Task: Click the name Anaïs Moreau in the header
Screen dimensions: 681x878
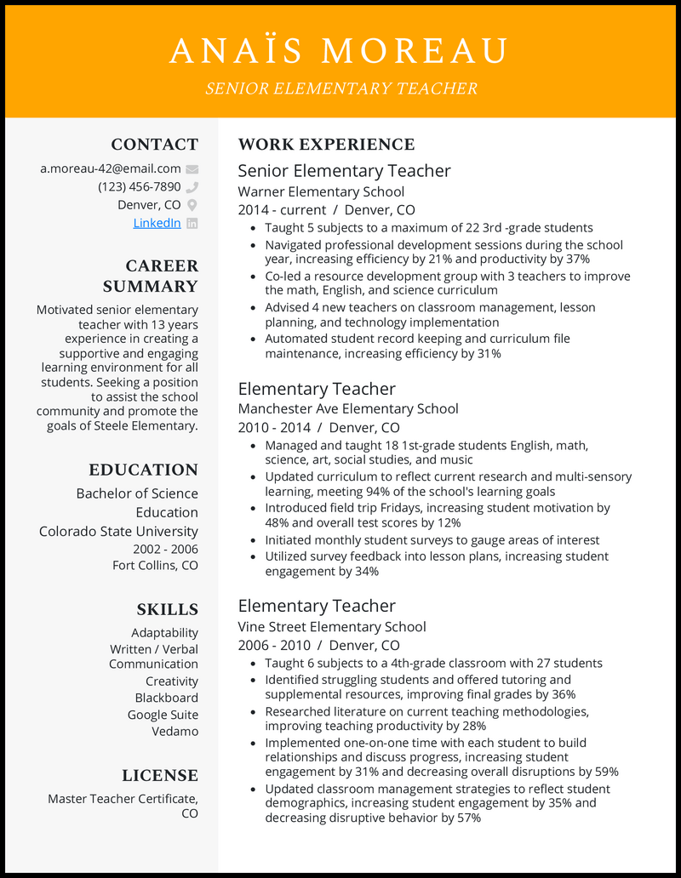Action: point(340,51)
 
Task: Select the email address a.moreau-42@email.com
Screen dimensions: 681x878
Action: point(111,168)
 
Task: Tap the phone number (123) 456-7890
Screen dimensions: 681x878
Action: point(139,186)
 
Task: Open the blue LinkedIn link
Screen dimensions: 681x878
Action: point(157,222)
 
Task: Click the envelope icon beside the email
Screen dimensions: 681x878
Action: point(192,169)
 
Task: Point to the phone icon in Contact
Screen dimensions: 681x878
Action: point(192,187)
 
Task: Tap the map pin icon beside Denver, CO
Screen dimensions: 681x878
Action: point(192,205)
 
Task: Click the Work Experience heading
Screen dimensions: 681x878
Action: point(326,144)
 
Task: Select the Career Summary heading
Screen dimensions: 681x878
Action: point(151,276)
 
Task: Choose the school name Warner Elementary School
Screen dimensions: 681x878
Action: point(321,191)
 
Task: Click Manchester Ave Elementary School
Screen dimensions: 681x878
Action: point(348,408)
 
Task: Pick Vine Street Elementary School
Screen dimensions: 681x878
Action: point(332,626)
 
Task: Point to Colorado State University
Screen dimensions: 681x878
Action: point(118,531)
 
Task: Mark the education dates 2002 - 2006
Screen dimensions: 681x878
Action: point(165,549)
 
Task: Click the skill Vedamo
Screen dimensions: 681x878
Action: point(175,731)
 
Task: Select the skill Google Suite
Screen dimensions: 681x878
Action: point(163,715)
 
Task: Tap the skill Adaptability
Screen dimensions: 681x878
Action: point(164,632)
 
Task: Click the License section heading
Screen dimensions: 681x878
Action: point(159,775)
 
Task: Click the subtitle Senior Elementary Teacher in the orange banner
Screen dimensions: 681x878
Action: point(340,88)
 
